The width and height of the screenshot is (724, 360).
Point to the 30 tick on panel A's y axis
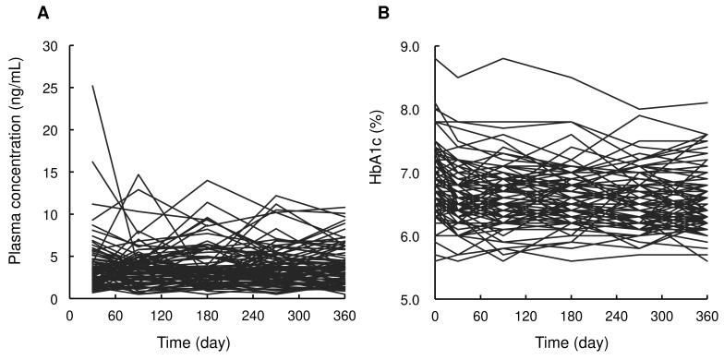click(x=53, y=46)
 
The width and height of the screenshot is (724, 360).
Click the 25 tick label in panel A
click(x=53, y=89)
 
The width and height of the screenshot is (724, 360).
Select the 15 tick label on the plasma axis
click(x=53, y=173)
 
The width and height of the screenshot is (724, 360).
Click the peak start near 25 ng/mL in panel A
click(x=93, y=86)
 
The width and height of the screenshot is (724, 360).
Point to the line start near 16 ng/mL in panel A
click(x=93, y=162)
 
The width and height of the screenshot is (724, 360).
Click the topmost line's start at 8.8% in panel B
click(x=435, y=59)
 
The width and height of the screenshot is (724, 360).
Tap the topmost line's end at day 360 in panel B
click(x=706, y=102)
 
